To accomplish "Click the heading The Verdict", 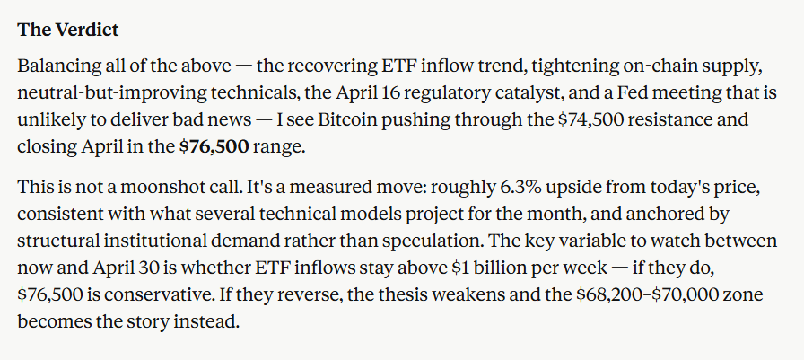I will coord(67,29).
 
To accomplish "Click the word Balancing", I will coord(56,67).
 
